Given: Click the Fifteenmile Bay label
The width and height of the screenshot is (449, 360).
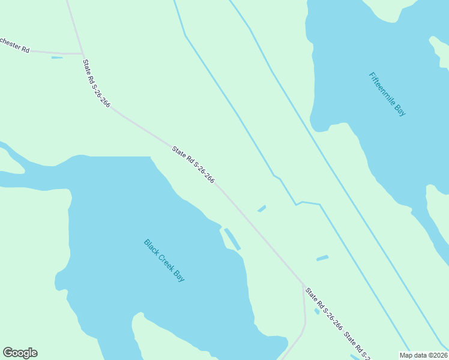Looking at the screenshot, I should coord(387,94).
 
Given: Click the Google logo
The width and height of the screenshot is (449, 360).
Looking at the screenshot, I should coord(20,353).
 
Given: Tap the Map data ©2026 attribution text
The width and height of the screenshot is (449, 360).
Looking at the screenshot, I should coord(424,355).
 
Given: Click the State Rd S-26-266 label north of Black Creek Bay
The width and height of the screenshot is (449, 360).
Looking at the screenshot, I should coord(193,164).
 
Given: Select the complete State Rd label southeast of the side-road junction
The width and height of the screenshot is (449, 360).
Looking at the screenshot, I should coord(324,309).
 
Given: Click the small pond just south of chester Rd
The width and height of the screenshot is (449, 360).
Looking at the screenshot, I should coord(57,58).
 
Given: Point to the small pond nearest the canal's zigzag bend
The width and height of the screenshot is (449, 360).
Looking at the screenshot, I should coord(262,209).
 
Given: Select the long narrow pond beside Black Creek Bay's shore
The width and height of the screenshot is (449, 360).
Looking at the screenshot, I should coord(232,239).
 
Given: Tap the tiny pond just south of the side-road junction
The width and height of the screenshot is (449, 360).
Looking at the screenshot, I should coord(317,311).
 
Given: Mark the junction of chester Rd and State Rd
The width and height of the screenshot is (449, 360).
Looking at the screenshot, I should coord(83,54).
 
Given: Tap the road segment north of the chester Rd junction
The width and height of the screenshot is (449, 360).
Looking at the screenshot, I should coord(75,24).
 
